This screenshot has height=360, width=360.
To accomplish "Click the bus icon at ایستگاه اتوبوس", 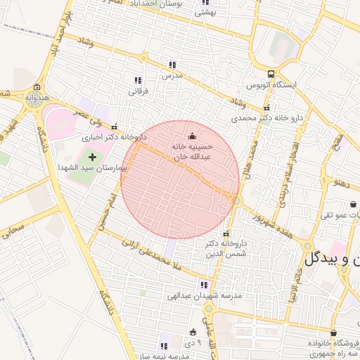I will click(x=271, y=73).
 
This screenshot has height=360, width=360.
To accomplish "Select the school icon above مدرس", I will click(x=172, y=64).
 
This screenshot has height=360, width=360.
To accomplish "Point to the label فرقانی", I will click(x=136, y=91).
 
